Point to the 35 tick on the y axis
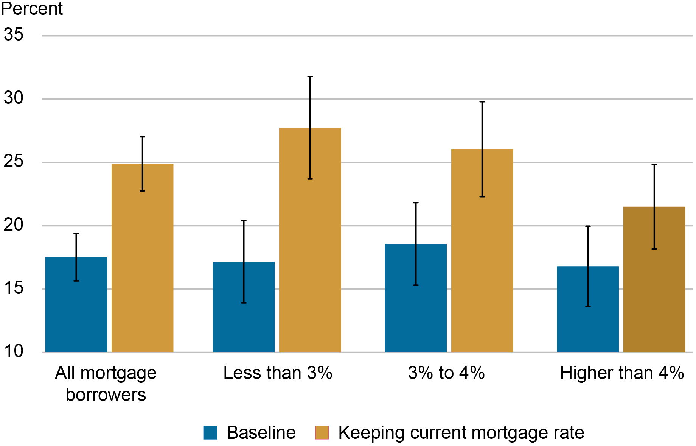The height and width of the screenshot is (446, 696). pos(13,35)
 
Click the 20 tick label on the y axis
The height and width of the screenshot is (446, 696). pos(13,225)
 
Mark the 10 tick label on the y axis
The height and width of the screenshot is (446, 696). pos(13,351)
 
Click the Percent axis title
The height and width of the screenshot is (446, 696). pos(32,8)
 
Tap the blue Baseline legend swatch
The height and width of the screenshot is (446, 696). pos(210,432)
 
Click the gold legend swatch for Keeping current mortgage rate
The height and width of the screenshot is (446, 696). pos(322,432)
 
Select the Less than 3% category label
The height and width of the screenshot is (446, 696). pos(278,373)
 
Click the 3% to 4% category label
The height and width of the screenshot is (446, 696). pos(446,373)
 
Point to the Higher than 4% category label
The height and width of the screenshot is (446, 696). pos(622,373)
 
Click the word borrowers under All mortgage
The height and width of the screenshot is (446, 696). pos(106,395)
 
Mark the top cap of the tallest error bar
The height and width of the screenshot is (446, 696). pos(310,76)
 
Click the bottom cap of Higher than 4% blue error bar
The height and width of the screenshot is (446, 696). pos(588,306)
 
